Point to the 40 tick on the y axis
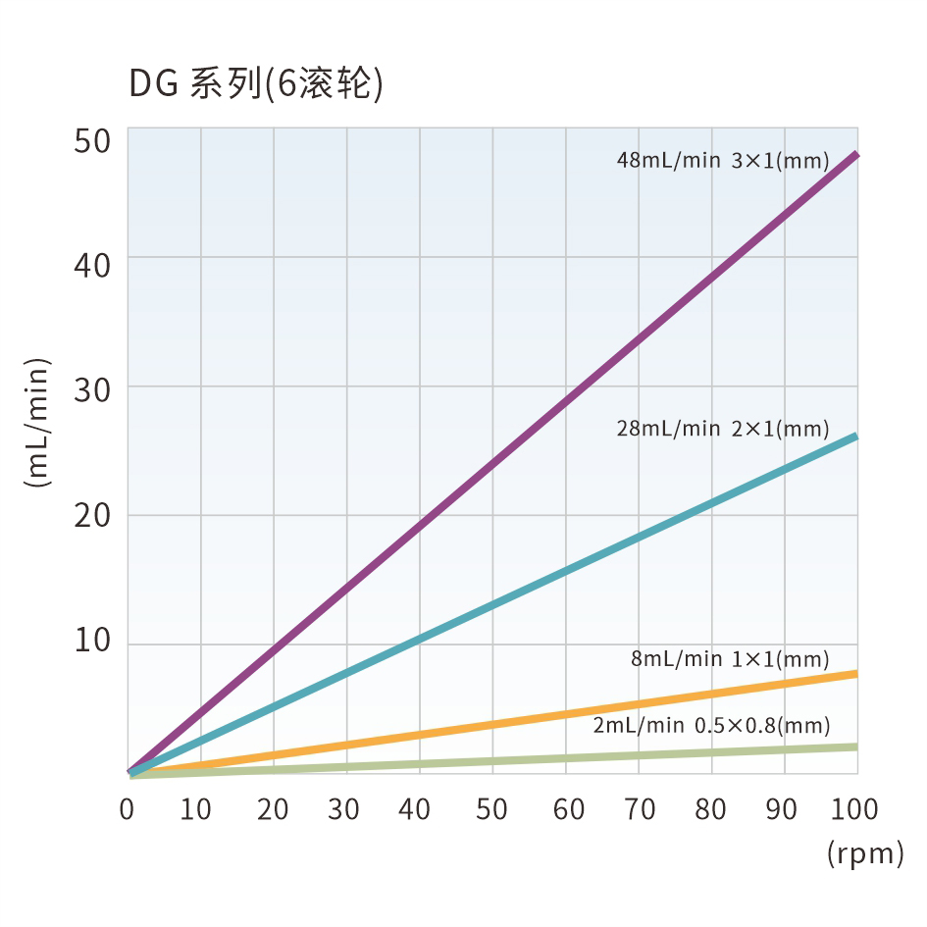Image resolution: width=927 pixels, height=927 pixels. pos(93,265)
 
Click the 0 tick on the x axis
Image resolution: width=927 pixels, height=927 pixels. pos(127,809)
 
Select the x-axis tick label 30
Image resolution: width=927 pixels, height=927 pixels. pos(343,809)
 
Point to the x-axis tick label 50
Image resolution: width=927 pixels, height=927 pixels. pos(491,809)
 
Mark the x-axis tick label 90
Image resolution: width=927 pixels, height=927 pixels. pos(783,809)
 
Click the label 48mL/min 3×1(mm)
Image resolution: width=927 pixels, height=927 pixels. pos(723,160)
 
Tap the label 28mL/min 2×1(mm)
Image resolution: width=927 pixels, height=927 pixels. pos(723,429)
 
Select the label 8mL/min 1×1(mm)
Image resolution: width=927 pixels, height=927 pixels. pos(730,659)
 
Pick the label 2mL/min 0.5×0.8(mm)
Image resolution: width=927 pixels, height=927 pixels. pos(711,726)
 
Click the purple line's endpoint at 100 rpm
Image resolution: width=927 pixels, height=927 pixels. pos(855,155)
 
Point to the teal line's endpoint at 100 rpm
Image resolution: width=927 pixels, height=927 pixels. pos(855,436)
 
